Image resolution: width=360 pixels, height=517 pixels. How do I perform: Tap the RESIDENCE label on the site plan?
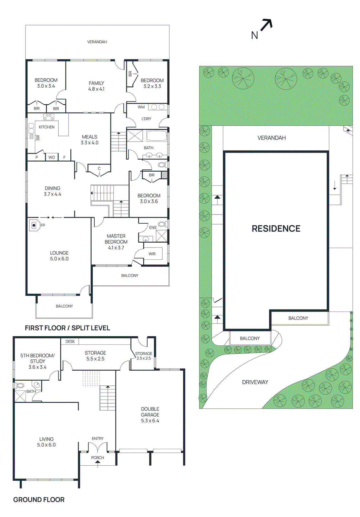276,228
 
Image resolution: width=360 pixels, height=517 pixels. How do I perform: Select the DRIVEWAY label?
255,382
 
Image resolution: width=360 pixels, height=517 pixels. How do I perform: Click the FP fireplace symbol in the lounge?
34,225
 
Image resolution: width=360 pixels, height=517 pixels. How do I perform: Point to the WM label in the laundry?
141,107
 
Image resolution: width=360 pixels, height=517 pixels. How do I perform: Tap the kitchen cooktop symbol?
49,117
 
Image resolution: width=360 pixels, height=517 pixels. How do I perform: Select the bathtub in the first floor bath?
157,136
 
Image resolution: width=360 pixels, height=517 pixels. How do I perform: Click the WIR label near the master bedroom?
152,254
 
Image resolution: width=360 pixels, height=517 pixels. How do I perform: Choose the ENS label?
153,227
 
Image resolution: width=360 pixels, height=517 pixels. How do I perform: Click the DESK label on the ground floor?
70,342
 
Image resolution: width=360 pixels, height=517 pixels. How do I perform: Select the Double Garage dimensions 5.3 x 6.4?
150,421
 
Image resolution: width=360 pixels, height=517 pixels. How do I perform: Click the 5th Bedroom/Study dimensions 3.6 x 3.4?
37,367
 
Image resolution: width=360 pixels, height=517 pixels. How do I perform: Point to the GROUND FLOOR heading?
39,500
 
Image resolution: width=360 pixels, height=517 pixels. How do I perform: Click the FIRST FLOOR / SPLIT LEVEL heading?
67,328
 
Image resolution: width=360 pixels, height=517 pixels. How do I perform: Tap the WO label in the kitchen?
52,157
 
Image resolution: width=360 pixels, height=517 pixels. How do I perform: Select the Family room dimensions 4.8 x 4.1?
97,89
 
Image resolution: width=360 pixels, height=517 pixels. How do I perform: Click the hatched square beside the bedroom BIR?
164,175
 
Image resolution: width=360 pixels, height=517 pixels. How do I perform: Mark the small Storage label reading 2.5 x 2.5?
144,358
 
